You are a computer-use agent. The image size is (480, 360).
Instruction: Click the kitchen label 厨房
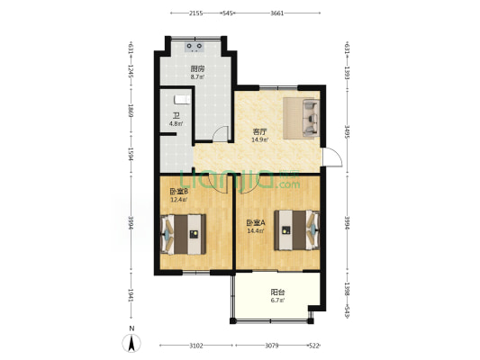click(x=195, y=68)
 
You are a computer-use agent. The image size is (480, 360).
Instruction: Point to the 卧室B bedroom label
click(x=177, y=192)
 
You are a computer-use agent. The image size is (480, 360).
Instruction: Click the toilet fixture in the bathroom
click(x=178, y=98)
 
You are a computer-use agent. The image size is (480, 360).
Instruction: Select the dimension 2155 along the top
click(x=196, y=13)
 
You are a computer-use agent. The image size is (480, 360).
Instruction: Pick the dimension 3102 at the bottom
click(x=196, y=346)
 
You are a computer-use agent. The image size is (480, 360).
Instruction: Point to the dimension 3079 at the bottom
click(x=276, y=346)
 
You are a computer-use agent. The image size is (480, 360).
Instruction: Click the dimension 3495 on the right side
click(x=348, y=132)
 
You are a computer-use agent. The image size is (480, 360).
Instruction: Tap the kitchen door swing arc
click(x=222, y=135)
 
